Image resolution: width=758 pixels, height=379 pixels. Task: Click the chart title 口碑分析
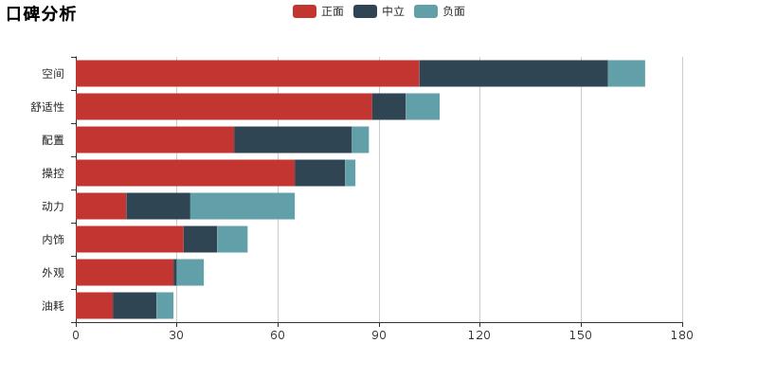[x=42, y=13]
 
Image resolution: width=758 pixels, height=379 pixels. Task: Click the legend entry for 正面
[x=318, y=11]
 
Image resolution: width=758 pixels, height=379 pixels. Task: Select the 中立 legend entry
[x=379, y=11]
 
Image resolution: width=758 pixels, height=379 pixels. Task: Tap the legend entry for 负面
[x=440, y=11]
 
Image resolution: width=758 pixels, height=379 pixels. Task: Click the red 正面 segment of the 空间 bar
[x=247, y=74]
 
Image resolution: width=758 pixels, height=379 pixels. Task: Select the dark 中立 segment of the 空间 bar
[x=514, y=74]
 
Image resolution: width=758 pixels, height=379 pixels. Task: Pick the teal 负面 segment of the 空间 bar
[x=626, y=74]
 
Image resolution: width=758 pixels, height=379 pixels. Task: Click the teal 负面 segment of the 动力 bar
[x=243, y=207]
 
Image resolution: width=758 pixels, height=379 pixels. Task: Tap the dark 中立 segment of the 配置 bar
[x=293, y=140]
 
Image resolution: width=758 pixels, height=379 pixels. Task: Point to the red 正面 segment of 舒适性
[x=224, y=107]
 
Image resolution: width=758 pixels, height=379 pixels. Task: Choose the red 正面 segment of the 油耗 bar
[x=94, y=306]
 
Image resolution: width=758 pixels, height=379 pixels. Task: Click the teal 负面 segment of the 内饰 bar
[x=232, y=240]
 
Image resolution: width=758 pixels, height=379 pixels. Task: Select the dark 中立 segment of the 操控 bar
[x=319, y=173]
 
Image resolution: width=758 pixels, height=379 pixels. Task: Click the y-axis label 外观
[x=53, y=273]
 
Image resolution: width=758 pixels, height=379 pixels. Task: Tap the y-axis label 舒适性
[x=47, y=107]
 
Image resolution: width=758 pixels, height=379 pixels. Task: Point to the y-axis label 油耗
[x=53, y=306]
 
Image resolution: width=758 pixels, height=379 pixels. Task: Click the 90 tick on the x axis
[x=379, y=335]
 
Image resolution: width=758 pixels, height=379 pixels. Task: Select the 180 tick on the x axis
[x=682, y=335]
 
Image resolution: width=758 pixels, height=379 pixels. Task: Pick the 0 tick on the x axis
[x=76, y=335]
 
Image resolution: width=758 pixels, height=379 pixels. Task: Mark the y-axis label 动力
[x=53, y=207]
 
